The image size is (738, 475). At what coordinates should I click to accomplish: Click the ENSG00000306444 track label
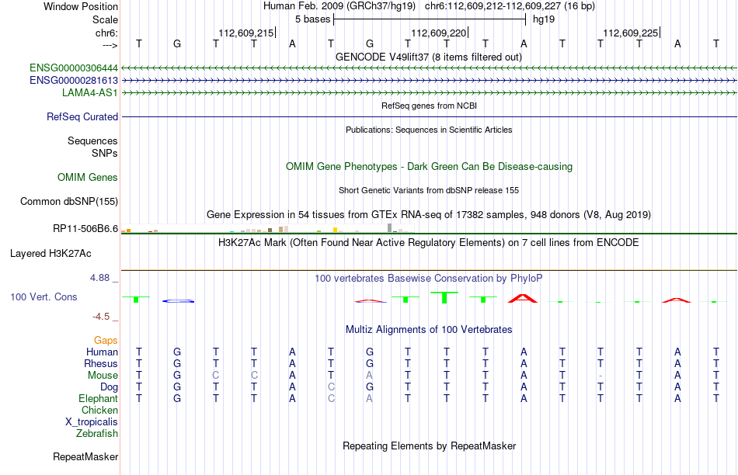[x=74, y=68]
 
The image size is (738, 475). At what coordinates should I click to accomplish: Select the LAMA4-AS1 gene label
[x=90, y=92]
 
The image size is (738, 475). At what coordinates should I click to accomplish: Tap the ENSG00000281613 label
[x=74, y=81]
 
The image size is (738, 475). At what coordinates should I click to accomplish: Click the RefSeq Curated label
[x=82, y=116]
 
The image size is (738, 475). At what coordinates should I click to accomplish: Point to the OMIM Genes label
[x=88, y=177]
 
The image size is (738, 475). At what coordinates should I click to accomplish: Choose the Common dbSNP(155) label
[x=69, y=201]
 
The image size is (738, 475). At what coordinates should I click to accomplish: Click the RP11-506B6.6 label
[x=85, y=228]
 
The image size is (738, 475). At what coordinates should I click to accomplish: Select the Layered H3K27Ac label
[x=50, y=254]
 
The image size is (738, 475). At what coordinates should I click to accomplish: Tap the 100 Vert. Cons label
[x=44, y=296]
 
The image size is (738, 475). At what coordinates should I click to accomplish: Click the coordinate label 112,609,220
[x=439, y=33]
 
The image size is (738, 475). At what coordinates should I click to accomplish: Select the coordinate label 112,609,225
[x=631, y=33]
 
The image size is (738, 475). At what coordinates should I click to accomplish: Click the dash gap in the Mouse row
[x=600, y=376]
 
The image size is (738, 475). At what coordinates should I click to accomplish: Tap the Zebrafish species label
[x=97, y=434]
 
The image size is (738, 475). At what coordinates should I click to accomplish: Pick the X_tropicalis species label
[x=92, y=422]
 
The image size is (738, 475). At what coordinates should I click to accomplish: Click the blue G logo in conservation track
[x=178, y=301]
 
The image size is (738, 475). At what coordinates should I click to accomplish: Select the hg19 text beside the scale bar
[x=544, y=19]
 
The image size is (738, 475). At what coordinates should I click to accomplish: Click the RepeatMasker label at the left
[x=85, y=456]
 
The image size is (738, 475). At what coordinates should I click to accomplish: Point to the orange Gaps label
[x=106, y=341]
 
